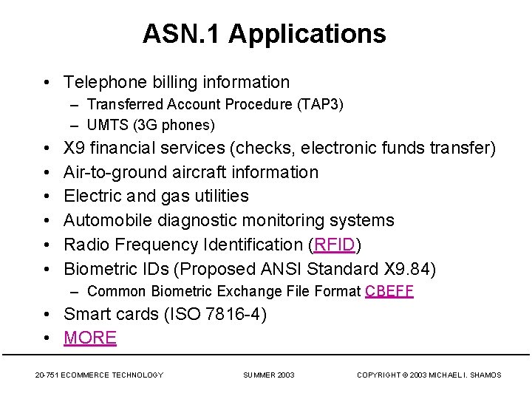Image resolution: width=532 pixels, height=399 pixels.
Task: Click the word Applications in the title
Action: pos(307,34)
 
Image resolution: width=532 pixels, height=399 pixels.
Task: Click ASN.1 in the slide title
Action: pos(182,34)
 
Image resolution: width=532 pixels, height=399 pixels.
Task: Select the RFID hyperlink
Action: pos(335,245)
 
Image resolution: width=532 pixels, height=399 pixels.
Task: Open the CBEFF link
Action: pos(389,291)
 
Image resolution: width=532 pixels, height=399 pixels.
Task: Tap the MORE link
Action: pos(90,338)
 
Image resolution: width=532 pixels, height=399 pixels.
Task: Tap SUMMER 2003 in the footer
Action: pos(269,375)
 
